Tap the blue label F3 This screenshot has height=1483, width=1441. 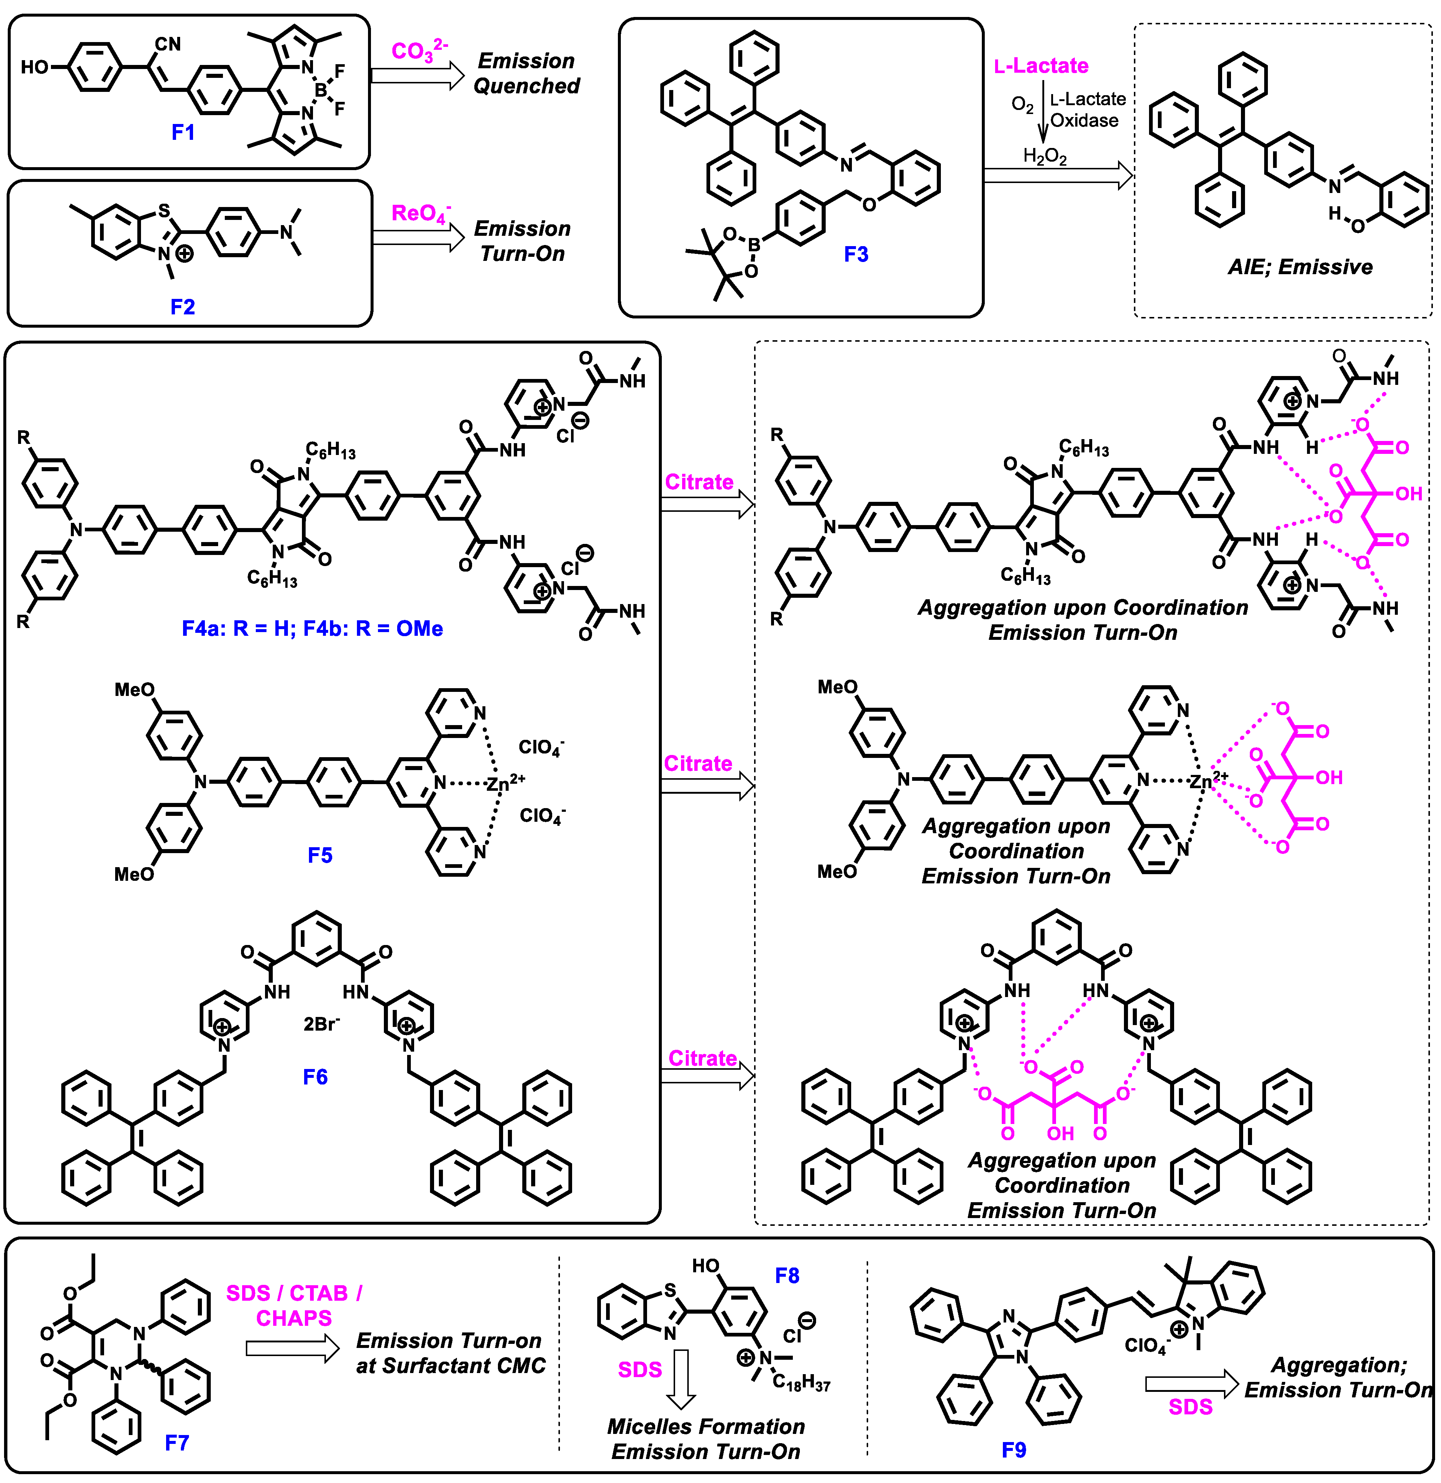tap(856, 254)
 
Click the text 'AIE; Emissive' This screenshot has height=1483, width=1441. tap(1300, 267)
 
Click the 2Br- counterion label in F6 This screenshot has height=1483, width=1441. tap(321, 1024)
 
